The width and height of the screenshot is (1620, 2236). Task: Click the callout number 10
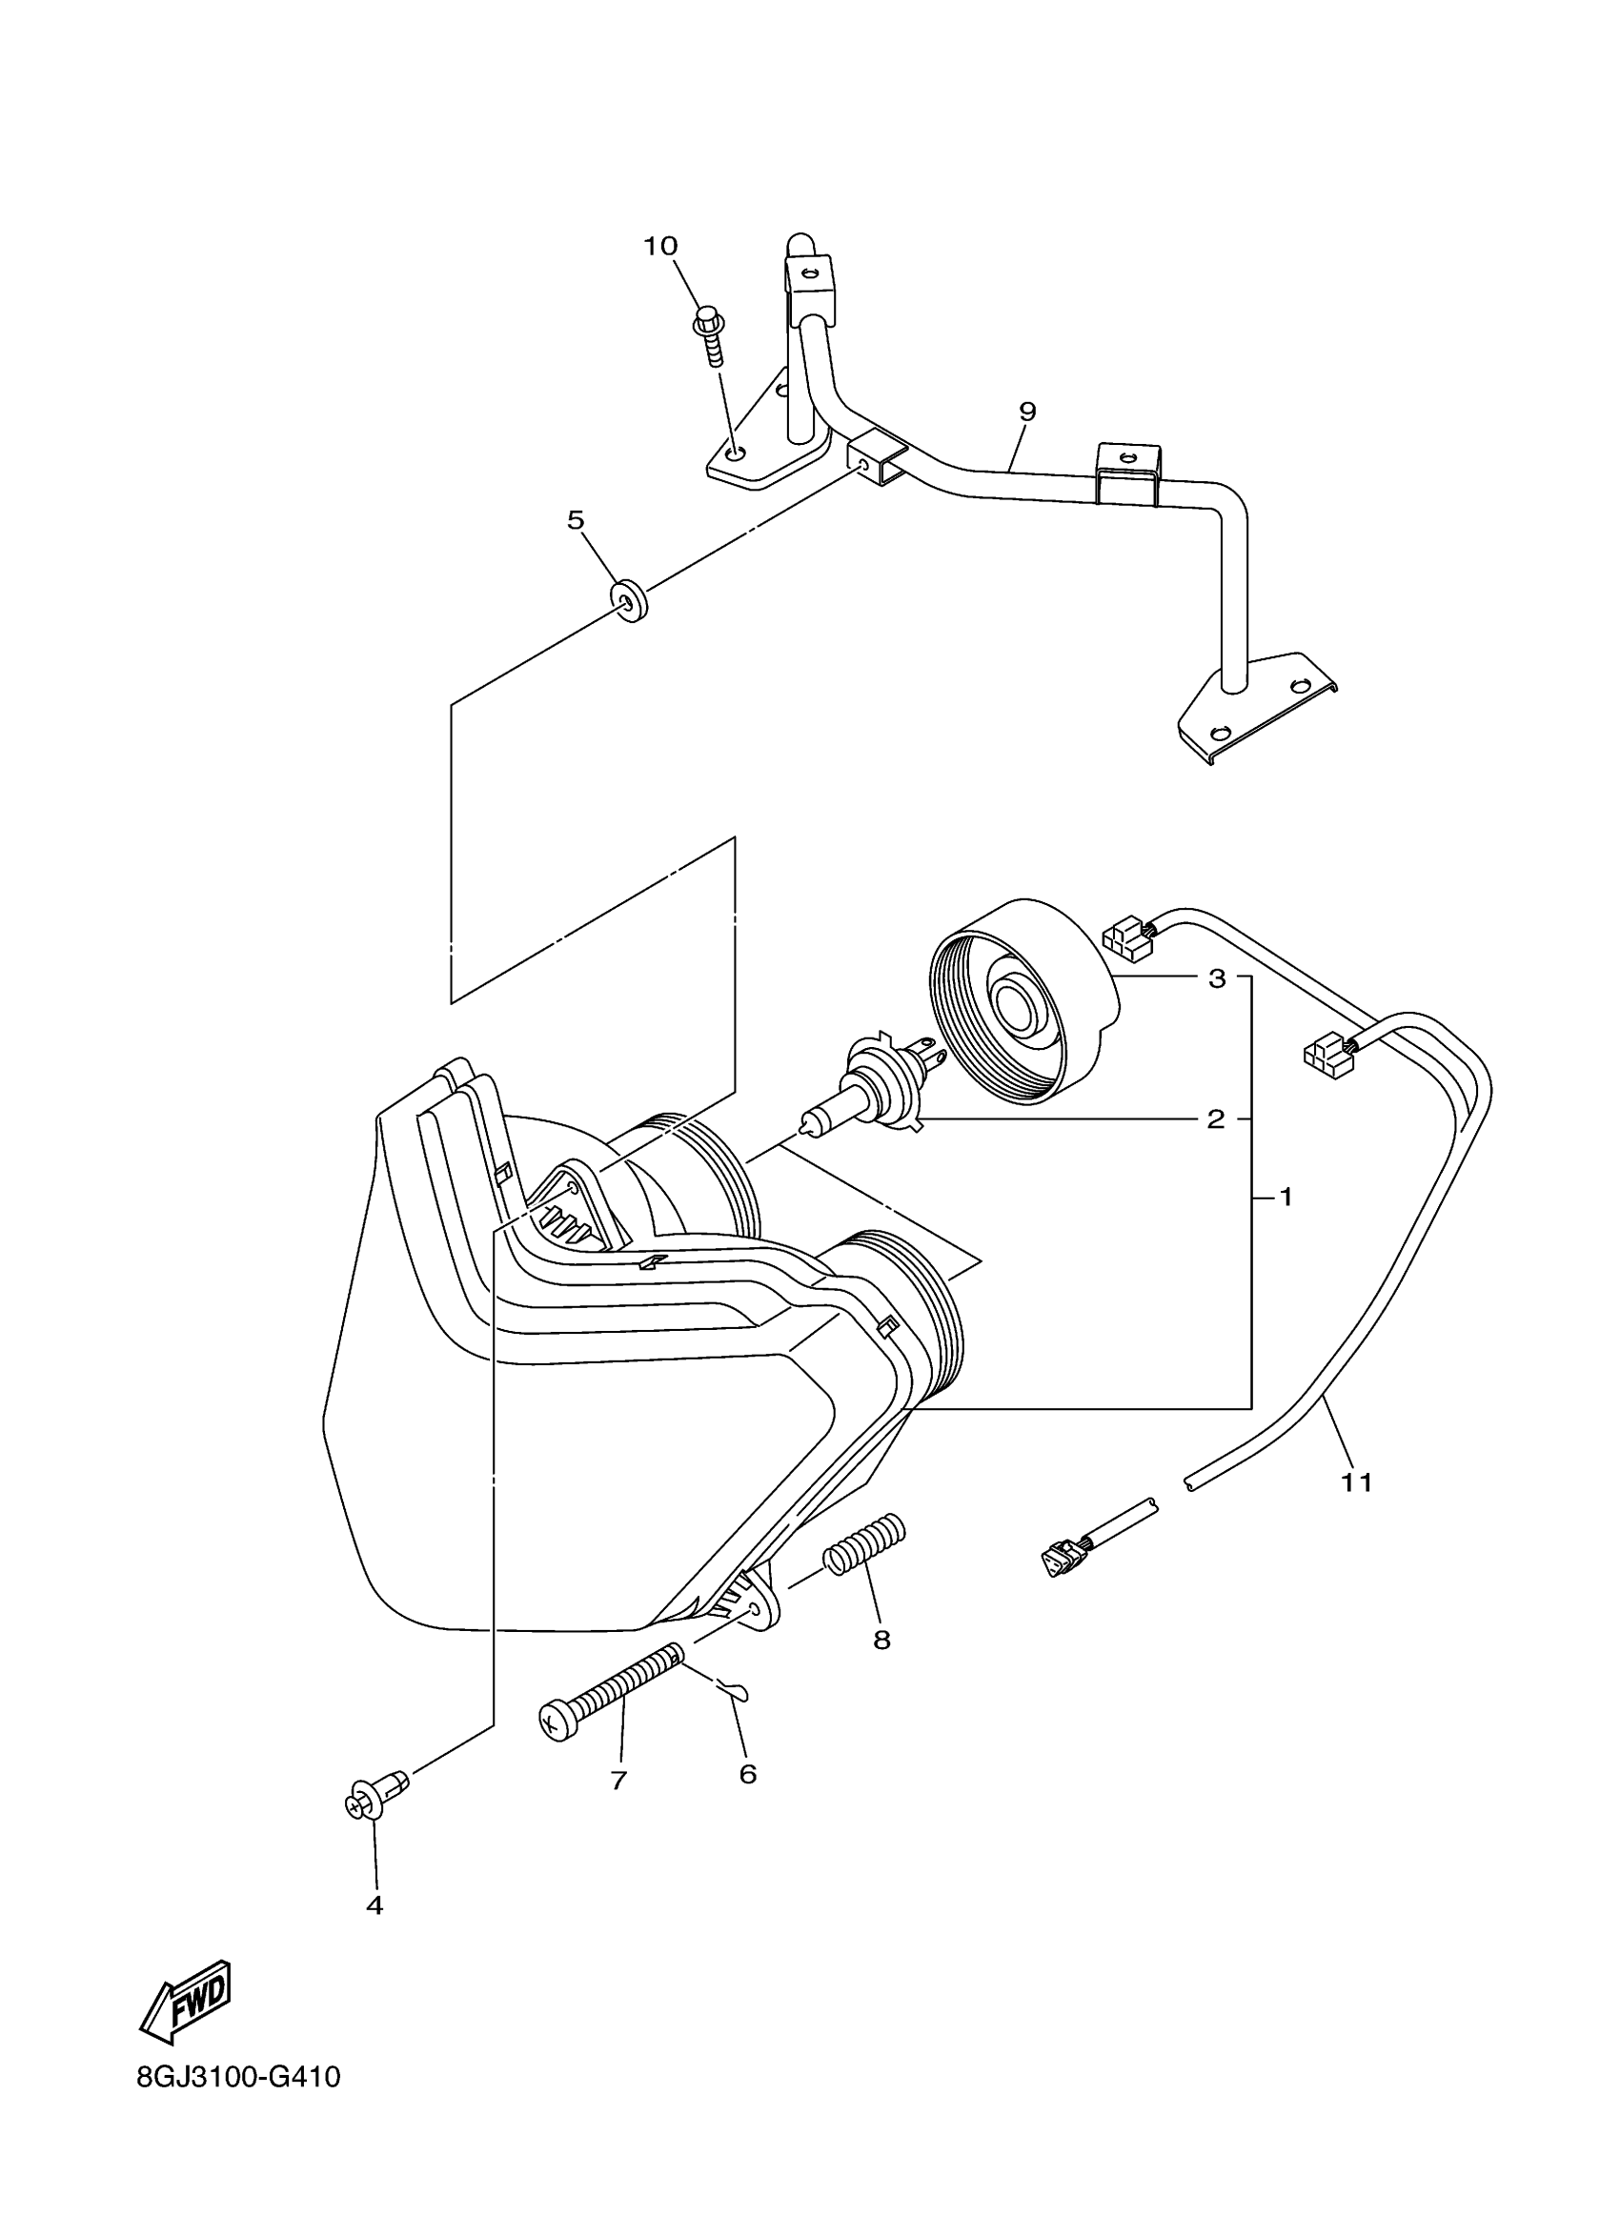point(660,246)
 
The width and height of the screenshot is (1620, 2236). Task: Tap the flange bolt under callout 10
point(710,334)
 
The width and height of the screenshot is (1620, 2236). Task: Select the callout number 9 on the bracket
point(1027,412)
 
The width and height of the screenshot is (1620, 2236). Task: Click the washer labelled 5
point(627,600)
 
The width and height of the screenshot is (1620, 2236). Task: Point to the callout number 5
point(576,519)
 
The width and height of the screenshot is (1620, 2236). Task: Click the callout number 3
point(1217,979)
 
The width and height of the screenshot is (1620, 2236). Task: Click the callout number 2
point(1217,1119)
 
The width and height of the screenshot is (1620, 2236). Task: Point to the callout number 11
point(1358,1509)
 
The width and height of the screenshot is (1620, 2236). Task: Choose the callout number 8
point(881,1640)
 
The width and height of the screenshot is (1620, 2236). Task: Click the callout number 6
point(747,1774)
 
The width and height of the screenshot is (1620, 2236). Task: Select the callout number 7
point(618,1781)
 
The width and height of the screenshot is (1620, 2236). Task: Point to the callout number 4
point(374,1905)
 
